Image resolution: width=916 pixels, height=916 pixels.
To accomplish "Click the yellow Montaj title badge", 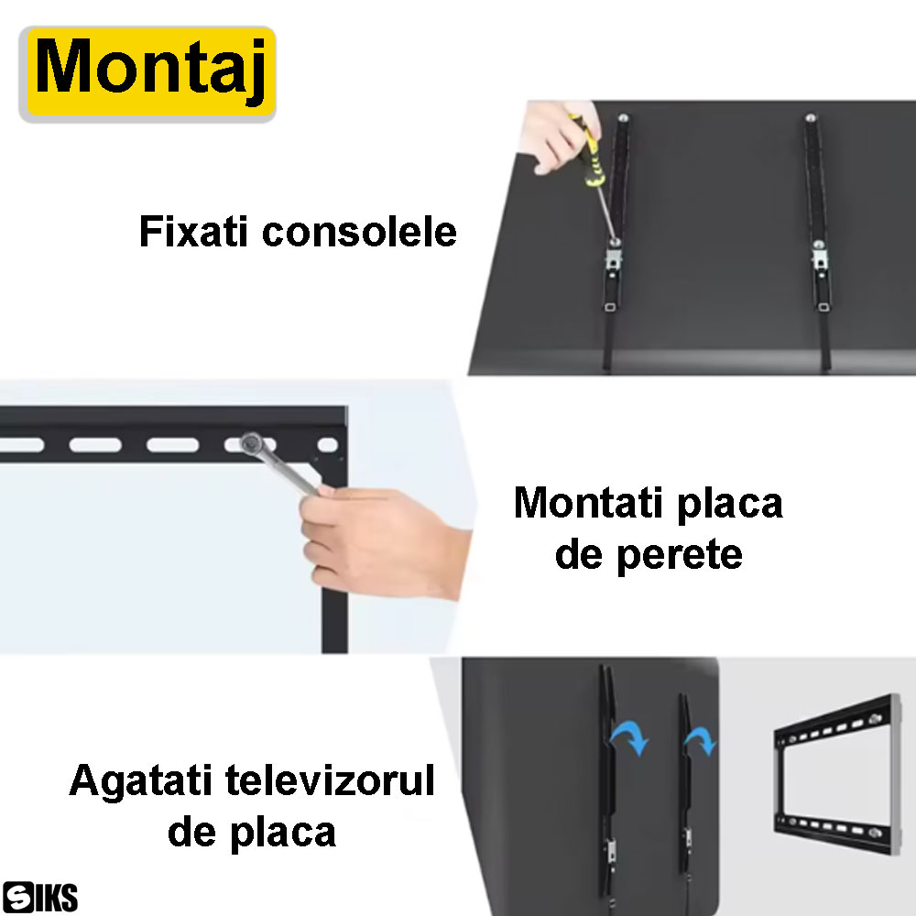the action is tap(147, 73).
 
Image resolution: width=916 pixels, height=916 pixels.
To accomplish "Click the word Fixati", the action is tap(193, 232).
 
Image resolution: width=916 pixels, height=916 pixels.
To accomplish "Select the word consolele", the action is tap(359, 232).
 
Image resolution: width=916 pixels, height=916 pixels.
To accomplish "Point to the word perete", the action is tap(680, 556).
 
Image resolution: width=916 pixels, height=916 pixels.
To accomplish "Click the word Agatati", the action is tap(140, 781).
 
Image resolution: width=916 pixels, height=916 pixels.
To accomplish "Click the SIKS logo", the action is tap(39, 897).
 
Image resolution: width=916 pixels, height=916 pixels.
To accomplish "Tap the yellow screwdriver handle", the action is tap(589, 153).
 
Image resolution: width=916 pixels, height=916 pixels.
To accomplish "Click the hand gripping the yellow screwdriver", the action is tap(558, 136).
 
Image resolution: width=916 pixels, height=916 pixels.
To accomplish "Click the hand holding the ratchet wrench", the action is tap(383, 540).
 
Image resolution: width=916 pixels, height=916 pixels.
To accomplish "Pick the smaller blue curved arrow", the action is tap(701, 738).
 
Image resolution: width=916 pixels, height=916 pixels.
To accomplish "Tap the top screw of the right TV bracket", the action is tap(811, 118).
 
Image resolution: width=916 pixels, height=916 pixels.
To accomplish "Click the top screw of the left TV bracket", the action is tap(623, 118).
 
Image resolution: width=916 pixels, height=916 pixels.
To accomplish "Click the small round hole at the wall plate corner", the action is tap(327, 445).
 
